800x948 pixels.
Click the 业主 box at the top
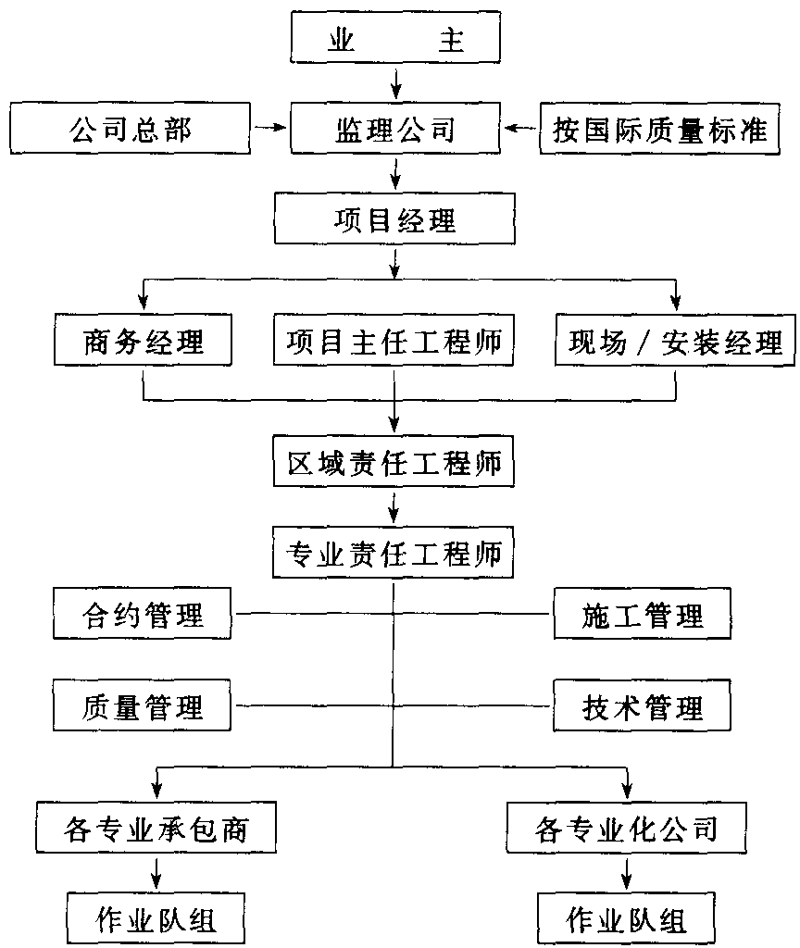click(x=395, y=37)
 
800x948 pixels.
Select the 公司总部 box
click(x=130, y=128)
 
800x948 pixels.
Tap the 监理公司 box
click(x=395, y=128)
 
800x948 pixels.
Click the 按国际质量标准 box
click(x=659, y=128)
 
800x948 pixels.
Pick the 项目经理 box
click(x=394, y=218)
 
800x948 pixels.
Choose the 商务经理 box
click(x=143, y=340)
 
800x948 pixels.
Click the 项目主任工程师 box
click(x=394, y=340)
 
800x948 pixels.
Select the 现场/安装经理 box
click(x=675, y=340)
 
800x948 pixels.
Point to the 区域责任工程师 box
click(x=394, y=461)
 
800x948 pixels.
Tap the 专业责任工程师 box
click(x=393, y=552)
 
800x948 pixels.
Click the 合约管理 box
click(x=142, y=613)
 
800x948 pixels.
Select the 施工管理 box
click(x=643, y=613)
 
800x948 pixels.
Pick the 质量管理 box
click(x=142, y=705)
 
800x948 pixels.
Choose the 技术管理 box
click(x=643, y=705)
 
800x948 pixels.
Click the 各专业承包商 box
click(x=156, y=827)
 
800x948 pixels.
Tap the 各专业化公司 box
click(x=627, y=827)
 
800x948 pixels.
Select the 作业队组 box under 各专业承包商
click(x=156, y=917)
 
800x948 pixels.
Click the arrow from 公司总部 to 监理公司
click(x=269, y=127)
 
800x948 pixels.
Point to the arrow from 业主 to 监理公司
click(x=396, y=83)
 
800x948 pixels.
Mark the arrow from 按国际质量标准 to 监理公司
click(x=520, y=128)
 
